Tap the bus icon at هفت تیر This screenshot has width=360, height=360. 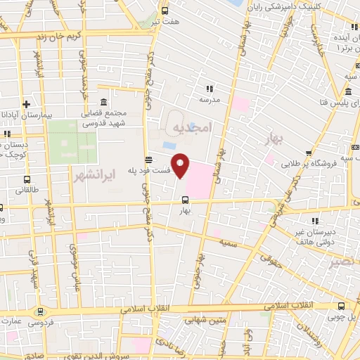pos(165,11)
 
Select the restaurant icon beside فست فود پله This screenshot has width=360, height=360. pos(148,159)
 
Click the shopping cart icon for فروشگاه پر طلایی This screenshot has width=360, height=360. pos(309,153)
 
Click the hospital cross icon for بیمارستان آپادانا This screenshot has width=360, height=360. pos(25,103)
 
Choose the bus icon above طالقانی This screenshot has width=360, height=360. pos(27,179)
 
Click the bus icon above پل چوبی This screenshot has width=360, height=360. pos(342,306)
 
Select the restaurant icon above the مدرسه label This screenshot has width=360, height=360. pos(209,89)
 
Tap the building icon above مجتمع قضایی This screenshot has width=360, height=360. pos(104,102)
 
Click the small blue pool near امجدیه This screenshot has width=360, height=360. pos(169,145)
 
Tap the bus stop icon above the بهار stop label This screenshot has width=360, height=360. pos(185,199)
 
